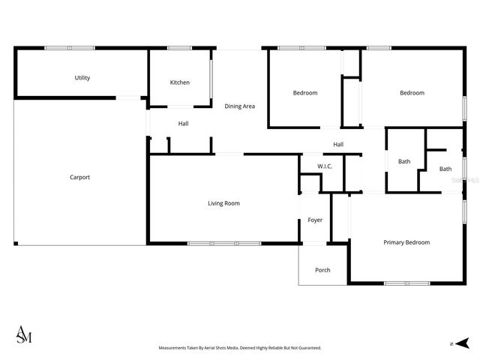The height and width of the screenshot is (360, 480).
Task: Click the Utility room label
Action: pyautogui.click(x=82, y=78)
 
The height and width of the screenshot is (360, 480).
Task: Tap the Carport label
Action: pyautogui.click(x=80, y=178)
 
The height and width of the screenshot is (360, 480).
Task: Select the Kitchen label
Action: pyautogui.click(x=179, y=82)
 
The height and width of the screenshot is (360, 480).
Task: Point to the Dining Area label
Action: pyautogui.click(x=240, y=106)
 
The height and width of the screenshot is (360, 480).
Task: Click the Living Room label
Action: pyautogui.click(x=223, y=203)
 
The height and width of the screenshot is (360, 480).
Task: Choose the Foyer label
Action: pyautogui.click(x=315, y=220)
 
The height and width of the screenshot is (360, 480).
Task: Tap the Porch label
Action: pyautogui.click(x=322, y=270)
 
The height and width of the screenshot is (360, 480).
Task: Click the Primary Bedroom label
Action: pyautogui.click(x=406, y=242)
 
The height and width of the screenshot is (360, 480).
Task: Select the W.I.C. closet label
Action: pyautogui.click(x=325, y=166)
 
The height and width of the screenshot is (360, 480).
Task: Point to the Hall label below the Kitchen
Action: pyautogui.click(x=183, y=124)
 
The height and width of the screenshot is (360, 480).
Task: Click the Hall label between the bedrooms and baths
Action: pyautogui.click(x=338, y=145)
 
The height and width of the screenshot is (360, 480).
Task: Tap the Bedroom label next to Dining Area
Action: pyautogui.click(x=304, y=93)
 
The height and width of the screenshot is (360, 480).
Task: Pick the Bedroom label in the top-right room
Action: pyautogui.click(x=412, y=93)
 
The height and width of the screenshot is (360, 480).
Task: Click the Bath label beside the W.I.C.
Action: pyautogui.click(x=404, y=161)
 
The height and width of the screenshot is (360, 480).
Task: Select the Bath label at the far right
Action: pyautogui.click(x=445, y=169)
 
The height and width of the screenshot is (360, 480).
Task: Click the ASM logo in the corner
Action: pyautogui.click(x=24, y=334)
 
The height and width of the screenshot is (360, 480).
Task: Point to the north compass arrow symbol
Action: pyautogui.click(x=463, y=343)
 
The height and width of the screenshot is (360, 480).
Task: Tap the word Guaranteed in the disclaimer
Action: pyautogui.click(x=307, y=348)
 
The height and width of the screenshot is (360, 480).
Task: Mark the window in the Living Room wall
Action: pyautogui.click(x=223, y=243)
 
